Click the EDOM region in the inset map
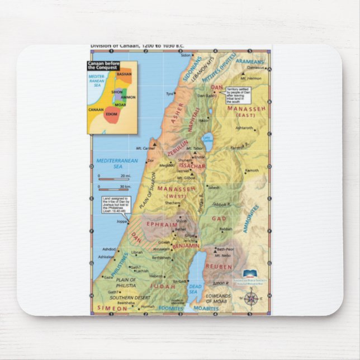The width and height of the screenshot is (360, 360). pos(111,114)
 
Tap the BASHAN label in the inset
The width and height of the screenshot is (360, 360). pos(125,73)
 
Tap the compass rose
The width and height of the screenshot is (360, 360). pos(251,299)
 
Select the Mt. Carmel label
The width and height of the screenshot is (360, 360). pos(145,149)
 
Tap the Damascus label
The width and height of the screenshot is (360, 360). pos(256,67)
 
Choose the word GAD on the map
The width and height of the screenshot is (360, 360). pos(219,218)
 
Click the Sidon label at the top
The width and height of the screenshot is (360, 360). pos(186,55)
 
